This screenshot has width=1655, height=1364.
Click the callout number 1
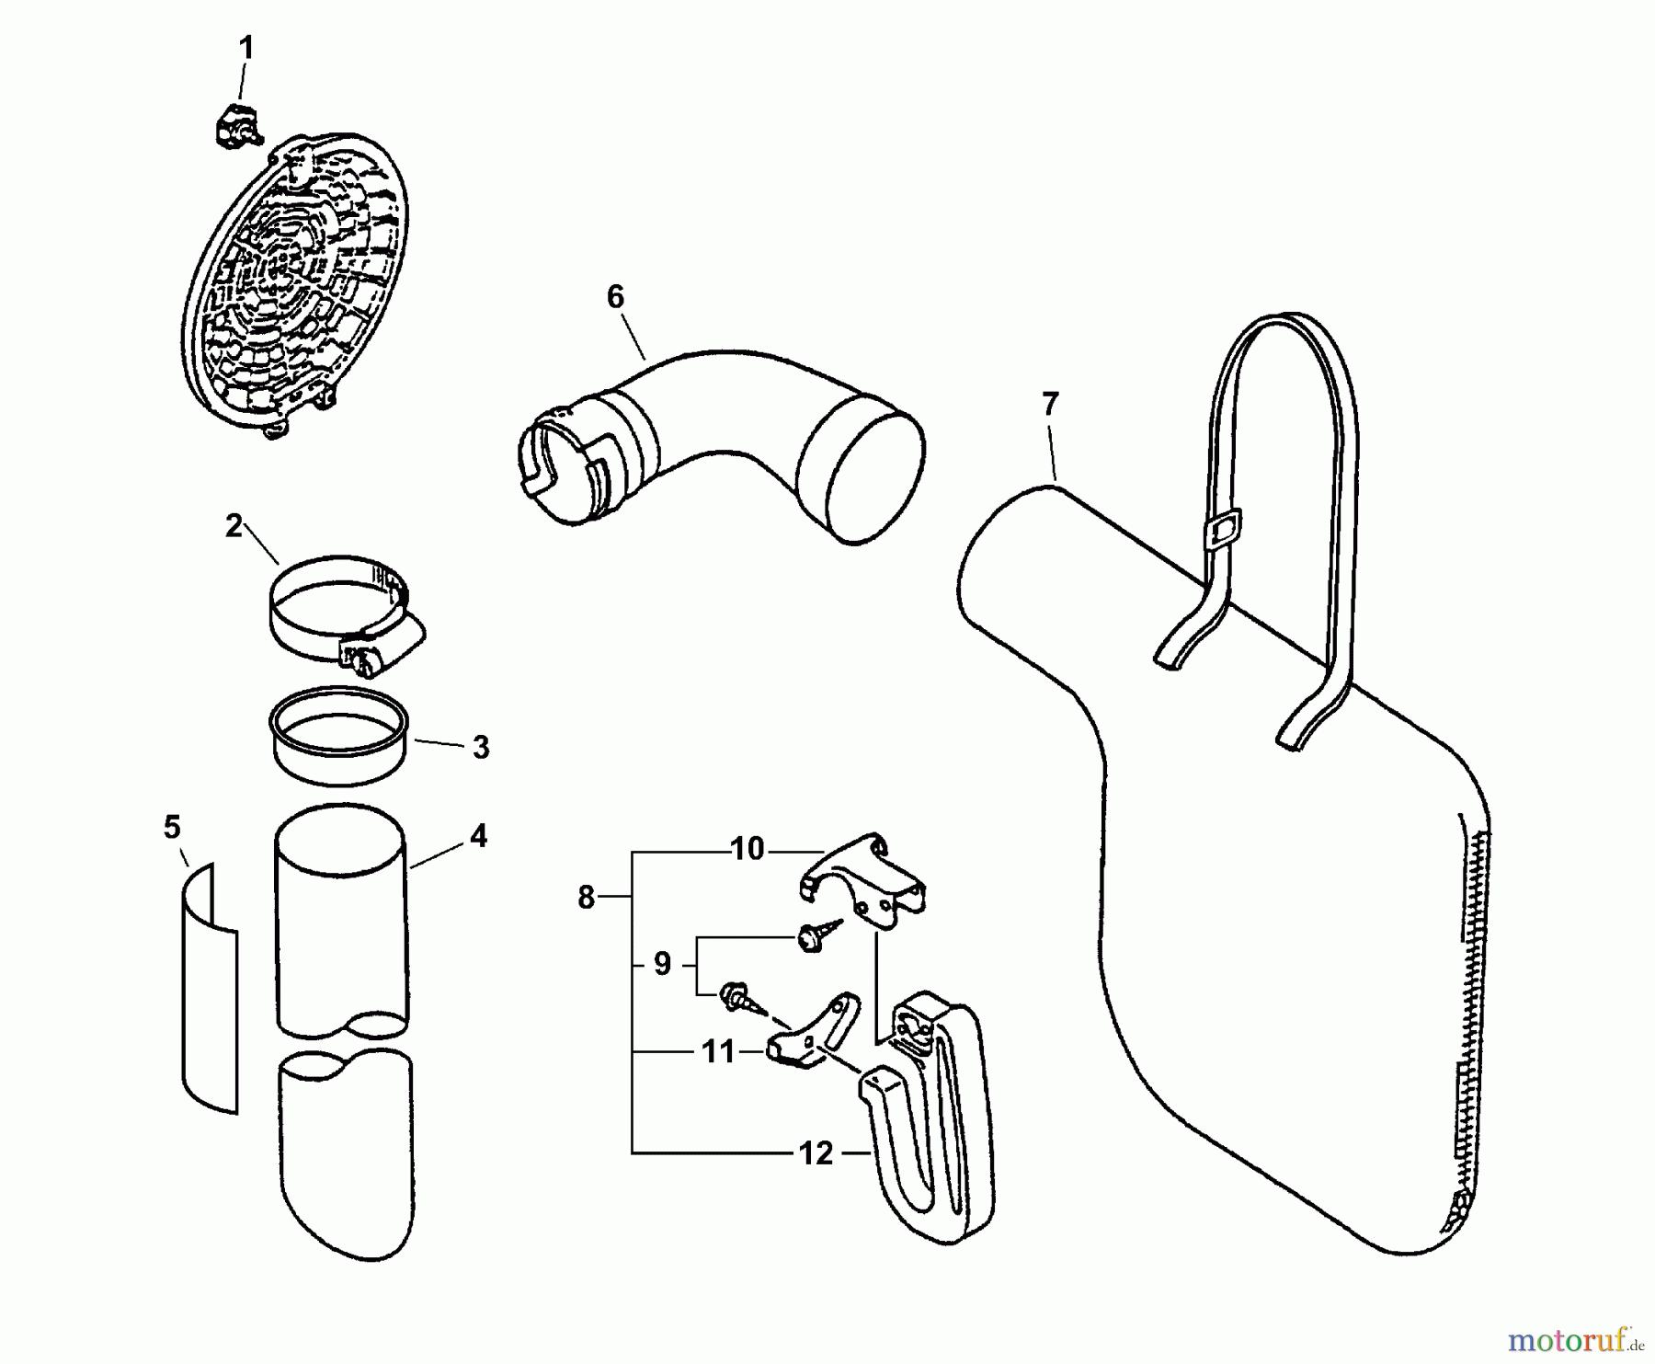[x=245, y=48]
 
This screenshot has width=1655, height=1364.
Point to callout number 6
[x=615, y=297]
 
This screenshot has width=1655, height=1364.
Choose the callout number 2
[x=234, y=526]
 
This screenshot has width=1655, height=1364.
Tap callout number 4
[x=478, y=836]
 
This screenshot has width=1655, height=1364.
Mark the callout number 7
[x=1050, y=403]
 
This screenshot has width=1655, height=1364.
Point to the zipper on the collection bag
[x=1471, y=1012]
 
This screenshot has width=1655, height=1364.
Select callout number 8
[x=587, y=897]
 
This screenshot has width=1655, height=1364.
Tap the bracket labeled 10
[x=864, y=878]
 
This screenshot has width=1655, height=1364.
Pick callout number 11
[x=718, y=1051]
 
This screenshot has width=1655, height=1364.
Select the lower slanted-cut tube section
[x=346, y=1159]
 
